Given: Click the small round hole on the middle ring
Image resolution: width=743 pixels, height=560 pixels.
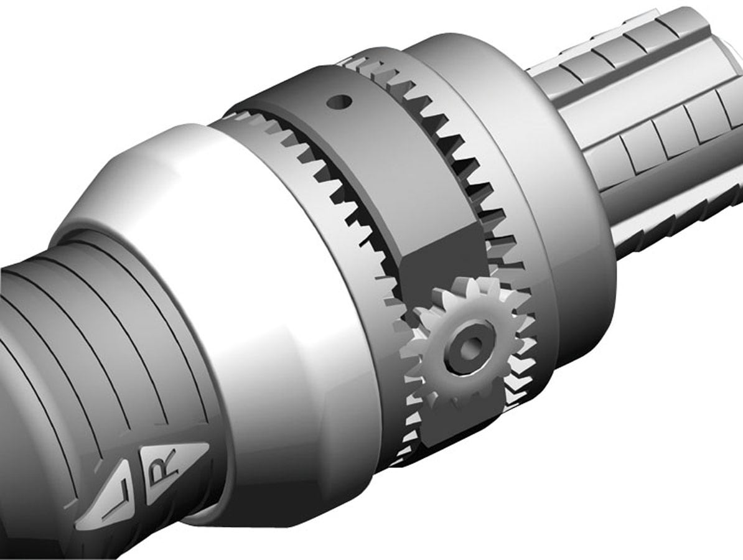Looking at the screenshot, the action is point(341,100).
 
